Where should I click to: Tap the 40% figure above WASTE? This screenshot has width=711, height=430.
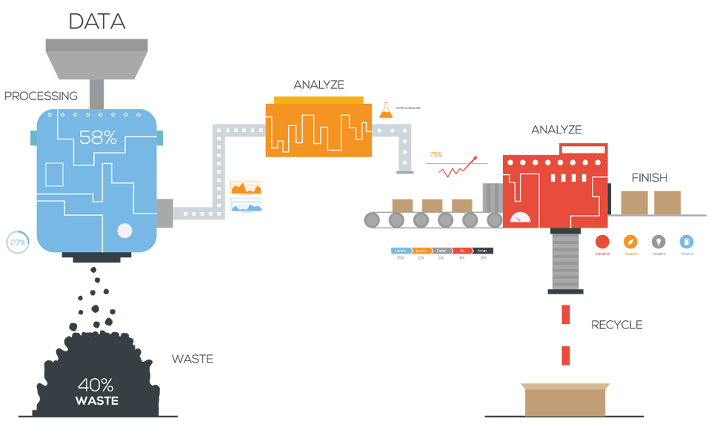point(96,386)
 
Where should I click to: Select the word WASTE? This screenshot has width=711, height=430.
point(96,401)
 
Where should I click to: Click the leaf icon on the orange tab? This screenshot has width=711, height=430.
point(630,242)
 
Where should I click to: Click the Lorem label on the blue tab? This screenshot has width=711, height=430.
point(400,251)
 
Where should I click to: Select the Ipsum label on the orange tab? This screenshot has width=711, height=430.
point(421,251)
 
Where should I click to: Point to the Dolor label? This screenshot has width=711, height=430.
point(441,251)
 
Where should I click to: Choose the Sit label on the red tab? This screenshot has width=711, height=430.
point(461,251)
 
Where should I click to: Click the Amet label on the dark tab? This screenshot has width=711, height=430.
point(481,251)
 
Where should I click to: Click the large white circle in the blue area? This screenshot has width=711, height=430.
point(124,231)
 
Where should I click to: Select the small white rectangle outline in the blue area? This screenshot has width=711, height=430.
point(54,174)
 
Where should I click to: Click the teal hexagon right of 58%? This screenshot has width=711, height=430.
point(172,137)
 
